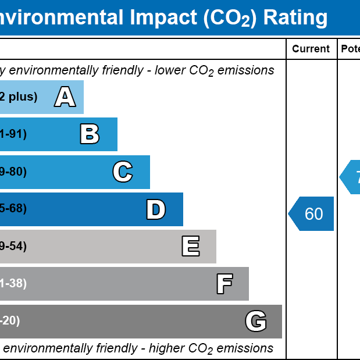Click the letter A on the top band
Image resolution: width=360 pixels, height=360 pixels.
65,97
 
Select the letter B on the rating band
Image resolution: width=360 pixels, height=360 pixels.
90,134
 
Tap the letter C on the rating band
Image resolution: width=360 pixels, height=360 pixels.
123,172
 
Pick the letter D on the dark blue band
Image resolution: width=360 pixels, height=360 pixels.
156,209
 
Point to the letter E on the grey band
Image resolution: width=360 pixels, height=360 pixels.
191,247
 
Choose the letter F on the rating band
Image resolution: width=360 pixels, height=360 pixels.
224,284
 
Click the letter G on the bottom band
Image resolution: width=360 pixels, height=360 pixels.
256,321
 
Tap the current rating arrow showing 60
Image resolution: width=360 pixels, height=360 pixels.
312,214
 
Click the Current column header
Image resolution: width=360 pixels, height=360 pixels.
311,49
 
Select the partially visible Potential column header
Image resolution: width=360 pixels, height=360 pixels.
350,49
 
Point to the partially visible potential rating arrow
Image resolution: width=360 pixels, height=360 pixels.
351,177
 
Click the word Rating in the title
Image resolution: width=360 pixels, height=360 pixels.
295,17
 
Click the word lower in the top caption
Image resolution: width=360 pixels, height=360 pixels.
170,70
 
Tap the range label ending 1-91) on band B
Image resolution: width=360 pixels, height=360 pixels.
13,134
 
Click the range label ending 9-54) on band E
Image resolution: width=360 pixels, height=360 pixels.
13,246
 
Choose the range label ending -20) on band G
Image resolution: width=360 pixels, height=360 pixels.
10,320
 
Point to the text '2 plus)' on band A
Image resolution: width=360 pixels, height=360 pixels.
19,97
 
